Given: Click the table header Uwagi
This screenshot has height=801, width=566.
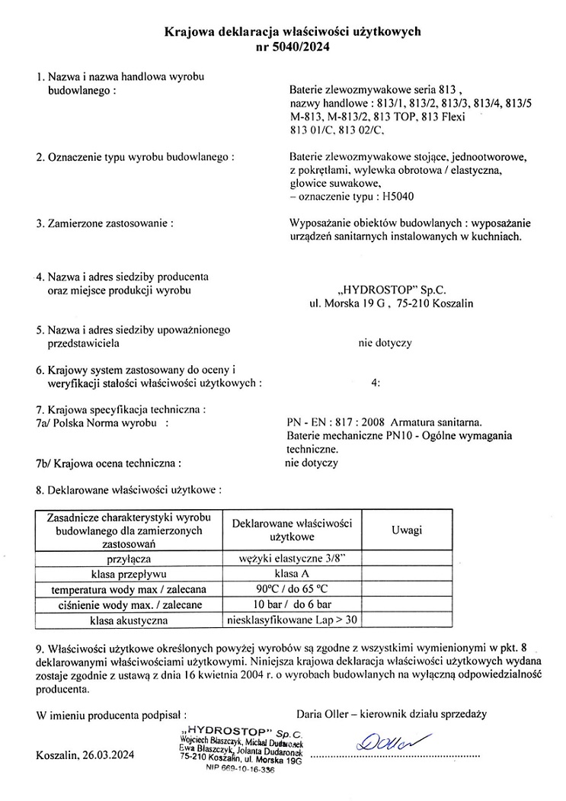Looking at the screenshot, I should click(x=406, y=530).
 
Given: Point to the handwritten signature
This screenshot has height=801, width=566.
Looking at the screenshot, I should click(x=386, y=739).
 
